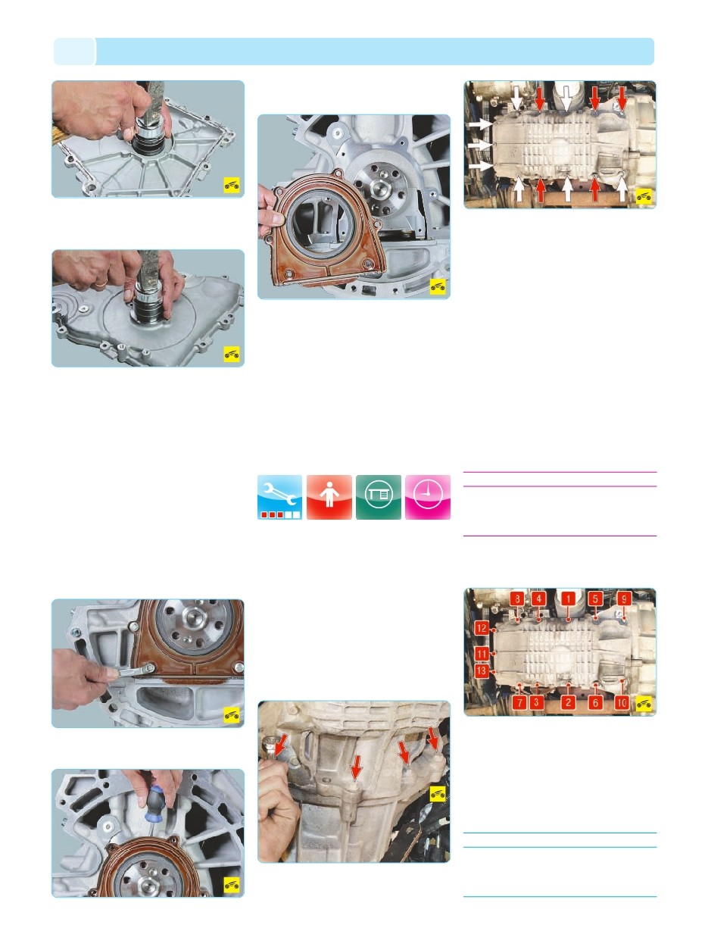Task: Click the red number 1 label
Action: (x=568, y=599)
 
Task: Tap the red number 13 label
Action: (x=482, y=671)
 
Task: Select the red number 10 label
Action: (x=622, y=702)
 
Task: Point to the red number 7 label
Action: (x=519, y=702)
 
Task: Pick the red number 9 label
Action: (x=624, y=599)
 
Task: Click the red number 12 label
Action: (x=482, y=628)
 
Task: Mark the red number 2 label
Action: (x=568, y=702)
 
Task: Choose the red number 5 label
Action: (x=595, y=599)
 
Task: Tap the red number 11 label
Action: (x=482, y=654)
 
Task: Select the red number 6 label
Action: (x=595, y=702)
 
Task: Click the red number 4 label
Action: (x=538, y=599)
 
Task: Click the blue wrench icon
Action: (x=280, y=497)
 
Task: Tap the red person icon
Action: (x=329, y=497)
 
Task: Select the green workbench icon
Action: (x=379, y=497)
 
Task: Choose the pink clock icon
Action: (x=428, y=497)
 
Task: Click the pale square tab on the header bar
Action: (x=74, y=52)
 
